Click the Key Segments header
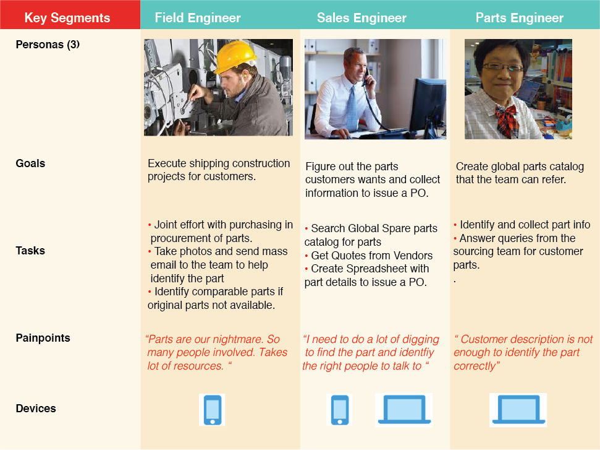[67, 17]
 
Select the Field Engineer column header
[198, 17]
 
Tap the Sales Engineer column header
[361, 17]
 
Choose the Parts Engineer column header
[519, 17]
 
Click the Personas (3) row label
[48, 45]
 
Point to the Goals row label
[30, 163]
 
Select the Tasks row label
[30, 251]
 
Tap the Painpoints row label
[43, 338]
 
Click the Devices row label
[36, 409]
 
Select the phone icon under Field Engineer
[212, 410]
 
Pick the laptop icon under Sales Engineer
[405, 409]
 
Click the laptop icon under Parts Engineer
[518, 409]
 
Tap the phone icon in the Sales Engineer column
[339, 410]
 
